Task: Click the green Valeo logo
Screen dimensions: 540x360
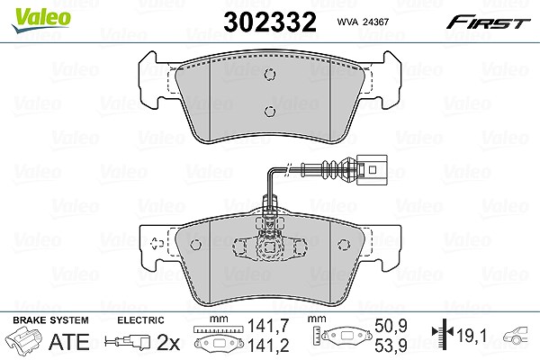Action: pos(41,21)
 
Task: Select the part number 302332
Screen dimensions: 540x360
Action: pos(270,22)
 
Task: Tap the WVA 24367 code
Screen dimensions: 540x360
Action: pos(363,22)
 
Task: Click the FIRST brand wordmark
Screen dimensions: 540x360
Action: pos(488,22)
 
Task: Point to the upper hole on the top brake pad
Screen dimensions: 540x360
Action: pos(270,74)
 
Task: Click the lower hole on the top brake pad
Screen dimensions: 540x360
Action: pos(270,111)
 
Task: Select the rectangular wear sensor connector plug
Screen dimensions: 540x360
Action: pos(373,169)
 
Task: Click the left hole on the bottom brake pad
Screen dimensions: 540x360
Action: pos(195,245)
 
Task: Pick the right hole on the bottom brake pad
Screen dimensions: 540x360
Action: pos(344,245)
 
